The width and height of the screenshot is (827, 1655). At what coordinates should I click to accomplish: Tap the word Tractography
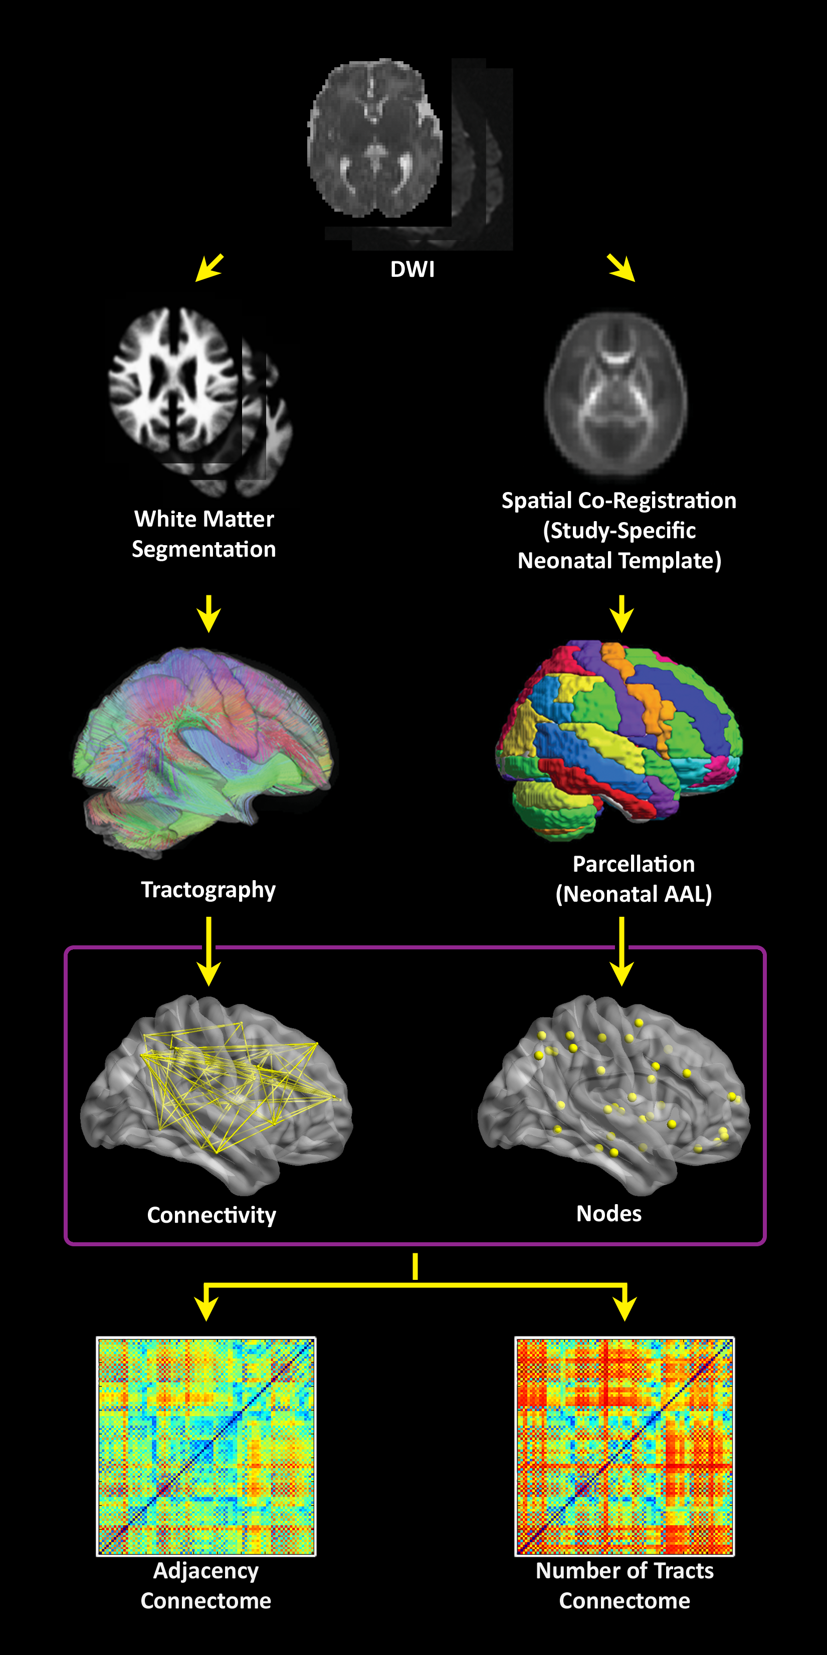point(208,890)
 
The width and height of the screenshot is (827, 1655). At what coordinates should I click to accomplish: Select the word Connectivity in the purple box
point(211,1215)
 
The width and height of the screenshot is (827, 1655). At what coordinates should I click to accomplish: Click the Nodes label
point(608,1213)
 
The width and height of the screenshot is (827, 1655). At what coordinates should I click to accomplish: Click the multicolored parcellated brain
point(619,739)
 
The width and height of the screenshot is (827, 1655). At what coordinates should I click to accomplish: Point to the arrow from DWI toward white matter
point(210,267)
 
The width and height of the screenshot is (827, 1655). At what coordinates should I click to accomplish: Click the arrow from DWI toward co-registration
point(622,267)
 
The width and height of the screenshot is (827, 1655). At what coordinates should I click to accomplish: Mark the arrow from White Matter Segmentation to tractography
point(209,613)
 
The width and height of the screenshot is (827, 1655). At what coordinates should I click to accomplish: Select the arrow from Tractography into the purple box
point(209,951)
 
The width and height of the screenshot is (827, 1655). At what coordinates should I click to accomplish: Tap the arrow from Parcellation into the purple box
point(621,951)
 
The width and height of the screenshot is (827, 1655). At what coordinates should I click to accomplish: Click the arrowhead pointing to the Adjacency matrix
point(206,1307)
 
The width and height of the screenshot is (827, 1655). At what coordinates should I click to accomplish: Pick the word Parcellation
point(633,864)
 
